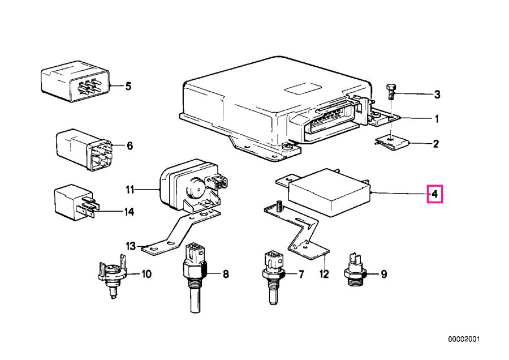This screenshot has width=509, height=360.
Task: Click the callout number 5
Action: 128,87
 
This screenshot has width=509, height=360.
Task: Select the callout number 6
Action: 130,146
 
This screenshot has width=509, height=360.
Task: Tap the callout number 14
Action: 130,212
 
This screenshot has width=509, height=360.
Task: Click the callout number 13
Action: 131,246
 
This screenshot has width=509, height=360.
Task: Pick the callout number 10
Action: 146,275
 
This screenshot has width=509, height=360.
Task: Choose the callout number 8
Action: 225,275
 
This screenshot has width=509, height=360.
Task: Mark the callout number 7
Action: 301,275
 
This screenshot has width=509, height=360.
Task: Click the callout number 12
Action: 323,275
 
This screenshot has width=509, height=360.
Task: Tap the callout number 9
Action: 383,275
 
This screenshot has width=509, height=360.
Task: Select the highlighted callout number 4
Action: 434,194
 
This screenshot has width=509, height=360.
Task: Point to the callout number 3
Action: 437,94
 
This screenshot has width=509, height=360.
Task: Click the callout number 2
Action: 436,144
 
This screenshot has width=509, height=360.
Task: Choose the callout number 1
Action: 436,119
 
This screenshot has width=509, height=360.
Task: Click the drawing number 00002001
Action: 464,340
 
